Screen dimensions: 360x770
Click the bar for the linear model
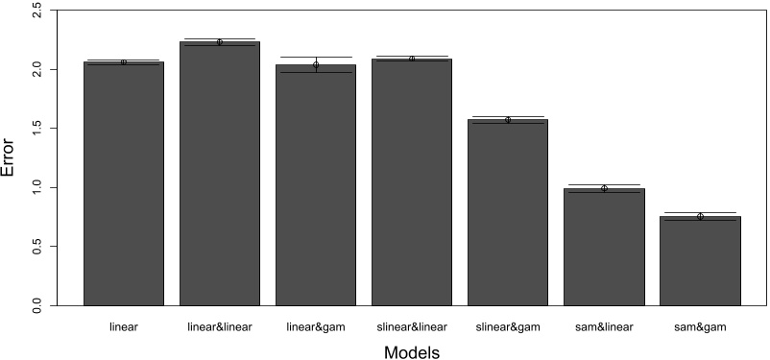pyautogui.click(x=124, y=182)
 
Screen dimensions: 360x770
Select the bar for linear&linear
pyautogui.click(x=220, y=173)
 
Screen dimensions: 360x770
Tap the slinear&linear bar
pyautogui.click(x=412, y=181)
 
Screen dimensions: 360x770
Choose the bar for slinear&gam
pyautogui.click(x=508, y=211)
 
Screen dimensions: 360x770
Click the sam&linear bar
pyautogui.click(x=604, y=246)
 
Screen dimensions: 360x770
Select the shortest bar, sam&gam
pyautogui.click(x=700, y=260)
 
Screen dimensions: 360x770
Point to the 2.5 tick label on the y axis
pyautogui.click(x=36, y=12)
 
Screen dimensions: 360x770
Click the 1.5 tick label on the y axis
pyautogui.click(x=36, y=129)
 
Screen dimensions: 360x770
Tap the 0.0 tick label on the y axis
pyautogui.click(x=36, y=304)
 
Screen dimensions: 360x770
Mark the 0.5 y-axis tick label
pyautogui.click(x=36, y=246)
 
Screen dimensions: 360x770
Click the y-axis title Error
pyautogui.click(x=9, y=158)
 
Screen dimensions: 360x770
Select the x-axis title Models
pyautogui.click(x=412, y=351)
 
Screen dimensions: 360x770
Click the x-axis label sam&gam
pyautogui.click(x=700, y=326)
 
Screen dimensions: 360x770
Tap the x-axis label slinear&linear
pyautogui.click(x=412, y=326)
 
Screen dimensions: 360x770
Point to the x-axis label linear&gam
pyautogui.click(x=316, y=326)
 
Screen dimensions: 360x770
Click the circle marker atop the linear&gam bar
pyautogui.click(x=316, y=64)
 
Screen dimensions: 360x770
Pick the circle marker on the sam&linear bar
pyautogui.click(x=604, y=188)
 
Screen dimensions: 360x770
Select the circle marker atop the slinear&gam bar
pyautogui.click(x=508, y=120)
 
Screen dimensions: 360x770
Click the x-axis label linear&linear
pyautogui.click(x=220, y=326)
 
